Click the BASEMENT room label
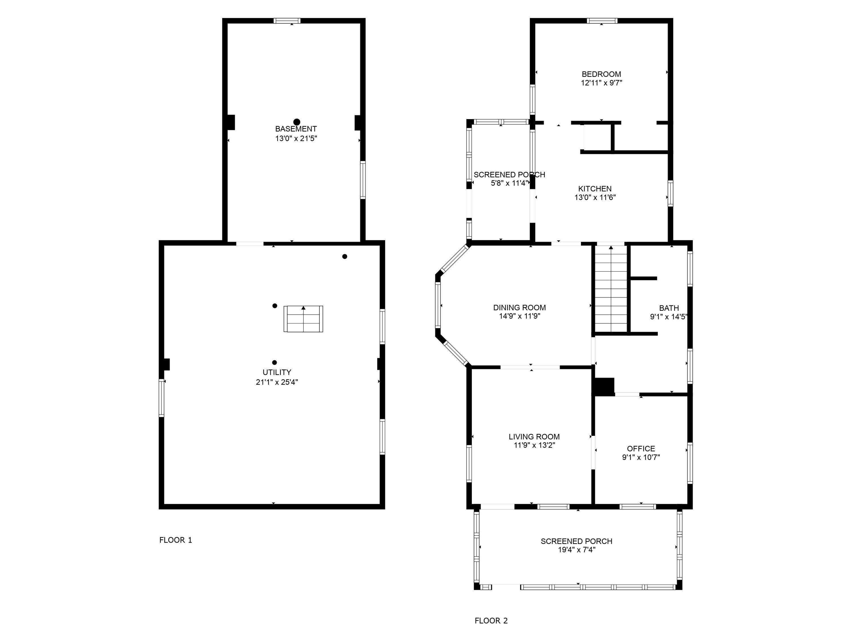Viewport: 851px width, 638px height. pyautogui.click(x=296, y=129)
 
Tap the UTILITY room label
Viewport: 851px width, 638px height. pyautogui.click(x=277, y=372)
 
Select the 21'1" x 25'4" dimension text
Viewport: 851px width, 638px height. pyautogui.click(x=277, y=382)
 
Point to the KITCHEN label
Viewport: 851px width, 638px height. pyautogui.click(x=595, y=189)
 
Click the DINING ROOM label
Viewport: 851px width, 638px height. pyautogui.click(x=519, y=308)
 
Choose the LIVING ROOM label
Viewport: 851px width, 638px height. pyautogui.click(x=534, y=437)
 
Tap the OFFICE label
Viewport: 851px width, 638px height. pyautogui.click(x=641, y=449)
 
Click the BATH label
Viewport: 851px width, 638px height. pyautogui.click(x=669, y=308)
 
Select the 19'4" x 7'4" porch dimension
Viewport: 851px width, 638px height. pyautogui.click(x=577, y=550)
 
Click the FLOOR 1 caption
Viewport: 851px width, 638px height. pyautogui.click(x=175, y=540)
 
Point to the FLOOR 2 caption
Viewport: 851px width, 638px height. pyautogui.click(x=491, y=621)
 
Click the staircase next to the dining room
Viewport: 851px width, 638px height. pyautogui.click(x=611, y=288)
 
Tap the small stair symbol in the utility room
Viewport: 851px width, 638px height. pyautogui.click(x=303, y=319)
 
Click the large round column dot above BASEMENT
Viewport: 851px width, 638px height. pyautogui.click(x=297, y=122)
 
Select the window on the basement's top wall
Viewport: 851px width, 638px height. pyautogui.click(x=287, y=21)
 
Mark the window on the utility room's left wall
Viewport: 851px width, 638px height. pyautogui.click(x=162, y=398)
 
